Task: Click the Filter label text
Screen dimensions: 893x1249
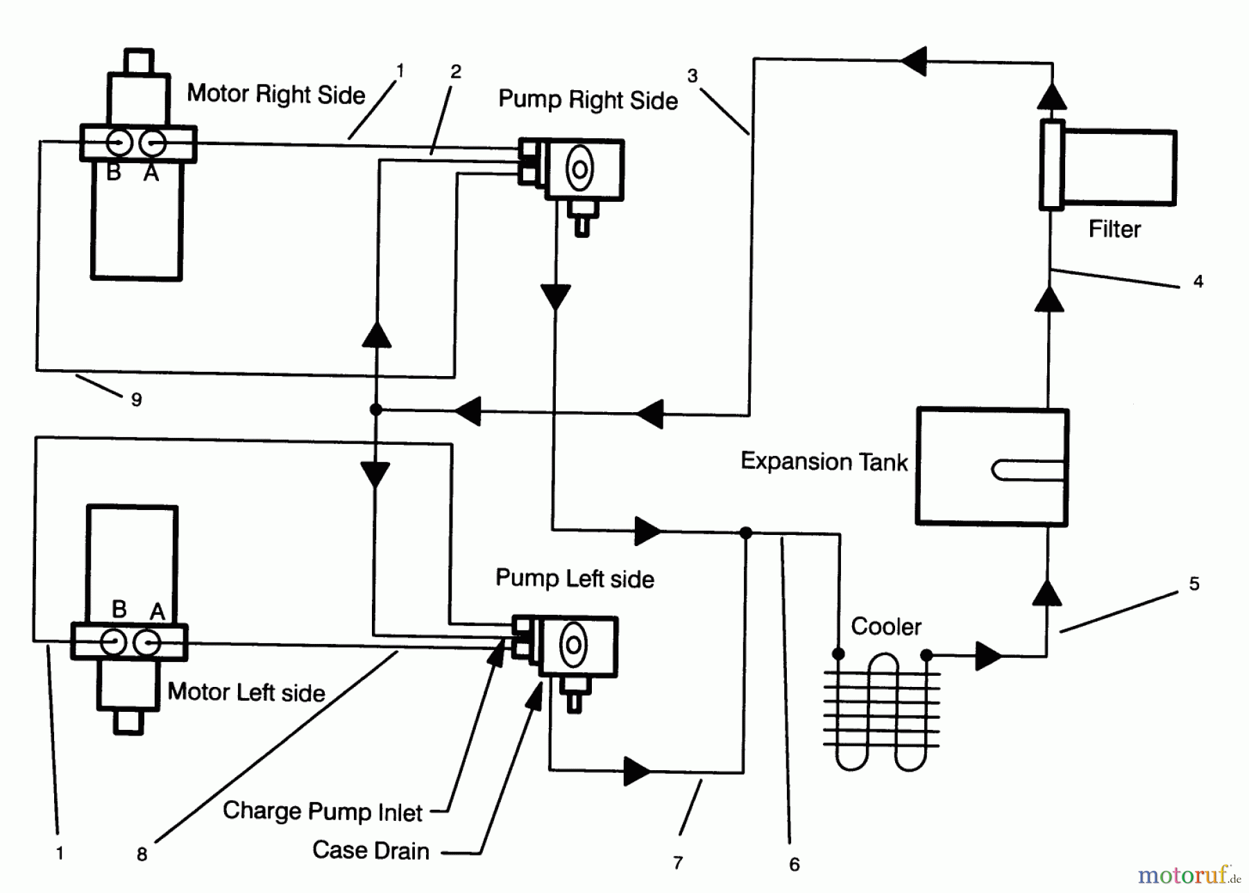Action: point(1114,229)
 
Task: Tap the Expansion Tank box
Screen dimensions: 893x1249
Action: point(992,466)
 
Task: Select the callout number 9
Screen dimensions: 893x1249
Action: point(137,400)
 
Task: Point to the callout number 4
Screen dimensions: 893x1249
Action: point(1198,282)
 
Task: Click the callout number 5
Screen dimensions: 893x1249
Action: point(1193,584)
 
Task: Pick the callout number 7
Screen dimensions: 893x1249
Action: point(678,862)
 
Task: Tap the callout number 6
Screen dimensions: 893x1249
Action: point(795,864)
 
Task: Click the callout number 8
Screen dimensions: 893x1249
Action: point(142,854)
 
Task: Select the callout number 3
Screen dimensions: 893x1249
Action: point(692,76)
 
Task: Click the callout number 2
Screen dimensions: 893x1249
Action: point(455,71)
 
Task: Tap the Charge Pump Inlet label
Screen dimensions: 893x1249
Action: point(323,811)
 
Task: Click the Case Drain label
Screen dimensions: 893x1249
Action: point(371,851)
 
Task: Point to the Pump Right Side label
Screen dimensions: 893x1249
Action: point(588,101)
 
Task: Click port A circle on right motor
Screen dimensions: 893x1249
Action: point(153,144)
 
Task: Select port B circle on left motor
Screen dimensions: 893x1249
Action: point(114,642)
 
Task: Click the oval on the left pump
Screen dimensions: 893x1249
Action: point(574,645)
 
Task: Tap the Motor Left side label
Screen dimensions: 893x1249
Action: point(246,692)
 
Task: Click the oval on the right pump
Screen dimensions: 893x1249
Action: point(579,169)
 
